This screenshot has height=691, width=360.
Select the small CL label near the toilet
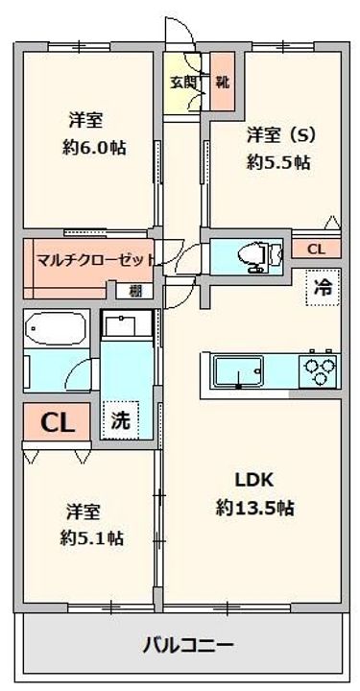point(314,250)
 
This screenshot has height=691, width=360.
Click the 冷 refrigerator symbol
point(324,285)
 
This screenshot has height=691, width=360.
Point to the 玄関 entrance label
point(183,83)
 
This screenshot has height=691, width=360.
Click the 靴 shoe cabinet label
point(222,83)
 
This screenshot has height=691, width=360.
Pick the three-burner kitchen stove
point(320,369)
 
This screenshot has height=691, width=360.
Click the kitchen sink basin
point(234,369)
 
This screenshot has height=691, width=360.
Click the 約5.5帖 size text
point(277,162)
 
